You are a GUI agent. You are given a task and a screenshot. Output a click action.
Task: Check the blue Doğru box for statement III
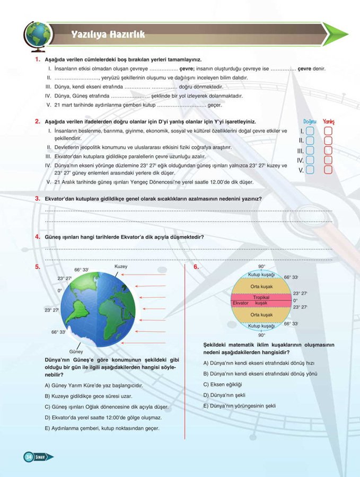pyautogui.click(x=311, y=151)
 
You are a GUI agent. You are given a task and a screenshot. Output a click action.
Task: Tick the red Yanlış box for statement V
pyautogui.click(x=328, y=170)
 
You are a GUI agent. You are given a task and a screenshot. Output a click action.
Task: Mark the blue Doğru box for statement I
pyautogui.click(x=311, y=131)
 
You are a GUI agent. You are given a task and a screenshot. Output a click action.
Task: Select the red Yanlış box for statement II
pyautogui.click(x=328, y=140)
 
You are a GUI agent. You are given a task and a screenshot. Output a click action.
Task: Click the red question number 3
pyautogui.click(x=38, y=198)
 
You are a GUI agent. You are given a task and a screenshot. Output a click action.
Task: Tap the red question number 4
pyautogui.click(x=38, y=236)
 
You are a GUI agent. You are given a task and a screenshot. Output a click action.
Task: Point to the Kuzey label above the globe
pyautogui.click(x=121, y=267)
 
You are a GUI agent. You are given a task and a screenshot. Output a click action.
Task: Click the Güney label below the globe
pyautogui.click(x=76, y=351)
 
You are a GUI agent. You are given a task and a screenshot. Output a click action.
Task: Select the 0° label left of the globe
pyautogui.click(x=60, y=291)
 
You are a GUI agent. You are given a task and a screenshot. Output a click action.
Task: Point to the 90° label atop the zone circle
pyautogui.click(x=261, y=266)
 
